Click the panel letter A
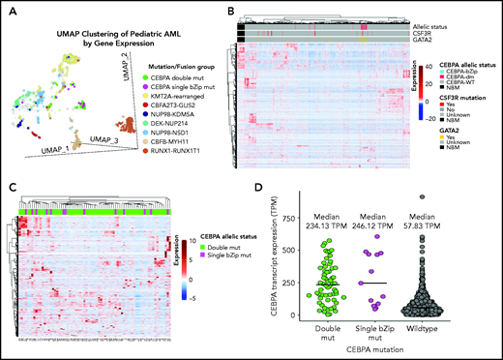click(8, 8)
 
